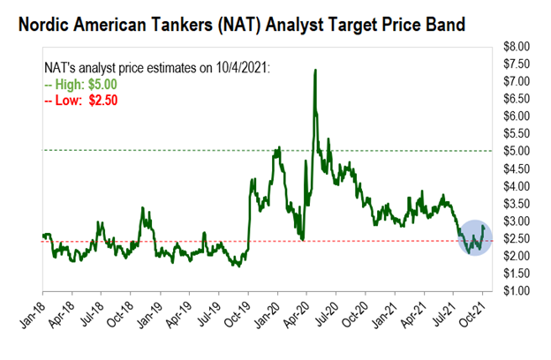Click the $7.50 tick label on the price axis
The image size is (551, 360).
click(x=517, y=64)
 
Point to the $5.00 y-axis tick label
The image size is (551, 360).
click(x=517, y=151)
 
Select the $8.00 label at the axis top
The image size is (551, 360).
click(x=517, y=46)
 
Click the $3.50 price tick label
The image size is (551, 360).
click(x=517, y=204)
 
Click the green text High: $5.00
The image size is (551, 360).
click(x=86, y=84)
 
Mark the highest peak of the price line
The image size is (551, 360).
click(x=315, y=70)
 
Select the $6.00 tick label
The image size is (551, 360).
click(x=517, y=116)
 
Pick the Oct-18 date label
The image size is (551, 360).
click(x=119, y=311)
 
